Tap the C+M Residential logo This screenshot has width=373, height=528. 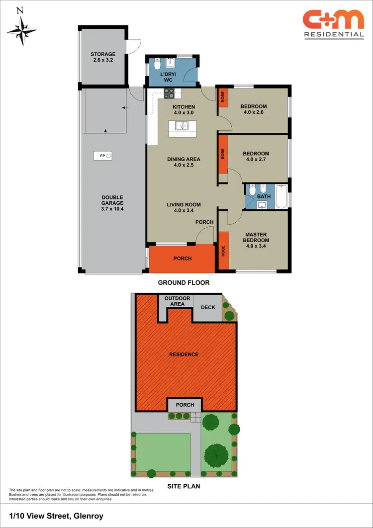pos(333,24)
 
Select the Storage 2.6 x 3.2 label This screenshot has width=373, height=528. pos(103,57)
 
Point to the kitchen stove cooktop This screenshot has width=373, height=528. pos(170,93)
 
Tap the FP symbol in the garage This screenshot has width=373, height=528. pos(105,156)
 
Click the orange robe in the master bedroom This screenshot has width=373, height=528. pos(224,252)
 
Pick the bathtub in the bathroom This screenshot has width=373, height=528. pos(281,196)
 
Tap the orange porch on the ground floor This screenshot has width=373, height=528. pos(182,259)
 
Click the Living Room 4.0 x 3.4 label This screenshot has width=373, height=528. pos(184,207)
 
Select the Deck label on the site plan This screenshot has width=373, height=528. pos(208,307)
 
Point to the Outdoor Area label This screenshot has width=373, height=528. pos(178,301)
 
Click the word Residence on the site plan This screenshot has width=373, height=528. pos(184,354)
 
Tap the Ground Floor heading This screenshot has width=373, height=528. pos(184,282)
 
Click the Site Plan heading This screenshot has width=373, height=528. pos(184,486)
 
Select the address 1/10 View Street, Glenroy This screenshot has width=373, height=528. pos(56,516)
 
